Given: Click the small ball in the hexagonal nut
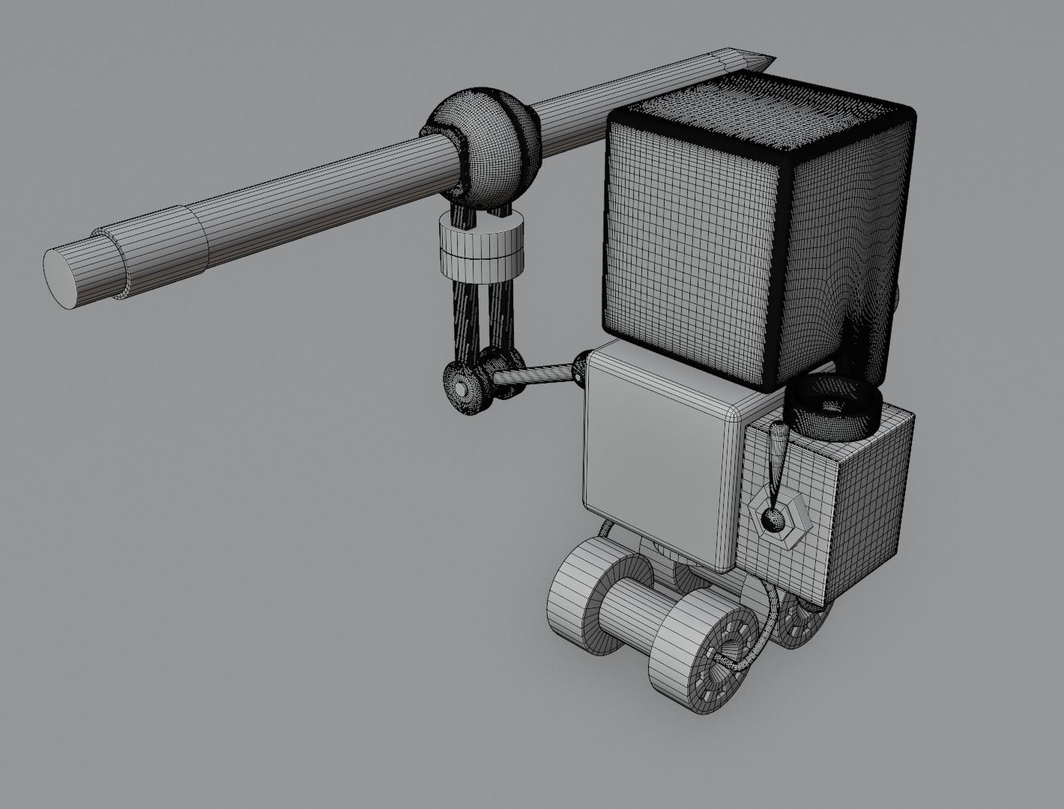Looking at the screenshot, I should click(770, 518).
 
